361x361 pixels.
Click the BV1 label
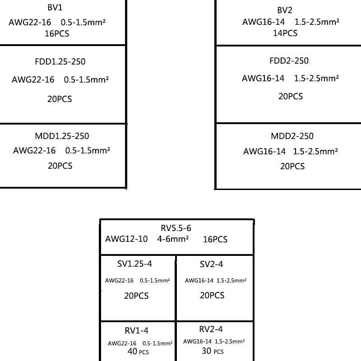[x=55, y=8]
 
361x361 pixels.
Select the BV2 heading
[x=285, y=10]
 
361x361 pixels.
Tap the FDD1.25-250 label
[x=60, y=62]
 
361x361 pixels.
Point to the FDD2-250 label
[x=289, y=61]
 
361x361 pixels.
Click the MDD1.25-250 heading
[x=62, y=136]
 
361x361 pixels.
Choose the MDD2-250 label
[x=292, y=136]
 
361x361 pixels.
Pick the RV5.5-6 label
[x=176, y=228]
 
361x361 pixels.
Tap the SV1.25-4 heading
[x=134, y=264]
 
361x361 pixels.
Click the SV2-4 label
[x=211, y=264]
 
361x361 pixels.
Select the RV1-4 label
[x=137, y=331]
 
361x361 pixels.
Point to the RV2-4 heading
[x=211, y=329]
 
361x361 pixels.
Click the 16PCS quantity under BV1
[x=57, y=33]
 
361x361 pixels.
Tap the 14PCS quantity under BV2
[x=285, y=33]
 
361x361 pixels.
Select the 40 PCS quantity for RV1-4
[x=138, y=352]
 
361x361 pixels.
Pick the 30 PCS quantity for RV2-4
[x=213, y=351]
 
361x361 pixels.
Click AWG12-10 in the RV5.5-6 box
[x=126, y=239]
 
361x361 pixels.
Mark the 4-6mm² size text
[x=173, y=239]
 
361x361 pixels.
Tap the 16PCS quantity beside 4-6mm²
[x=215, y=240]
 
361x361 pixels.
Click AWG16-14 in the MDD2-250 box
[x=264, y=152]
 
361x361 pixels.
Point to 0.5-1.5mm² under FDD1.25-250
[x=86, y=80]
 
